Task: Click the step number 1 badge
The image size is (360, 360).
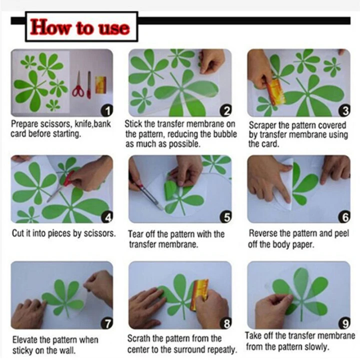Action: pyautogui.click(x=107, y=110)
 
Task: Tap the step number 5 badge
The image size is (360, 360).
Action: pyautogui.click(x=226, y=217)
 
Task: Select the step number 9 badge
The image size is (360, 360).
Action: pyautogui.click(x=344, y=323)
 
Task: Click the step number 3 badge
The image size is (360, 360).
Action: pyautogui.click(x=344, y=110)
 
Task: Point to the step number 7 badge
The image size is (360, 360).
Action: pyautogui.click(x=107, y=323)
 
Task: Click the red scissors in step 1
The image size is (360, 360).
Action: pyautogui.click(x=78, y=84)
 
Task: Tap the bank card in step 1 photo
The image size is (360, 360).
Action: pyautogui.click(x=100, y=85)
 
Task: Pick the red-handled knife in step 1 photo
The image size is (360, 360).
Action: pyautogui.click(x=89, y=85)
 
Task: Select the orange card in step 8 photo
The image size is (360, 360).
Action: pyautogui.click(x=199, y=294)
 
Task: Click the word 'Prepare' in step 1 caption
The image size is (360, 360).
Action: pyautogui.click(x=24, y=124)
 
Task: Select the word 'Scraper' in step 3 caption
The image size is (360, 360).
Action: pyautogui.click(x=262, y=125)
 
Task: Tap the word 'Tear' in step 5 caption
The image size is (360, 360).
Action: pyautogui.click(x=135, y=234)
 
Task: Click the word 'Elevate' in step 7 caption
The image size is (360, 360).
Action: pyautogui.click(x=25, y=340)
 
